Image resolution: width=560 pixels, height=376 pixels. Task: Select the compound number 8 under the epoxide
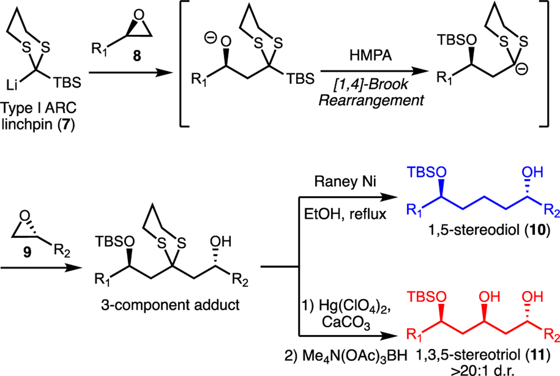(137, 56)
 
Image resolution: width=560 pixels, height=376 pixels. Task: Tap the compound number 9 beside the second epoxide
(27, 252)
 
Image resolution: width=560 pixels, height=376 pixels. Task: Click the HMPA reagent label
(370, 56)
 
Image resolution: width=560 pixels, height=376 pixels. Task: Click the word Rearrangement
(371, 100)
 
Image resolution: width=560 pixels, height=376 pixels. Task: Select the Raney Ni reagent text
(345, 182)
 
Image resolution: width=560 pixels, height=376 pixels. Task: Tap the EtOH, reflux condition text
(345, 214)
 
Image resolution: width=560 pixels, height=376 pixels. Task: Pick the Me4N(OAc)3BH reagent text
(345, 355)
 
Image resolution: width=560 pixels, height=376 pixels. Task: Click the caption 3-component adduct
(170, 305)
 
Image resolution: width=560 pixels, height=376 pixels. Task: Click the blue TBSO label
(426, 172)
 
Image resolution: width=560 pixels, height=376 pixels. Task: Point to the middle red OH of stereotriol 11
(489, 297)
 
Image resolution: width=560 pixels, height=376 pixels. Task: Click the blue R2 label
(551, 211)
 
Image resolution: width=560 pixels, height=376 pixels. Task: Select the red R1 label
(414, 335)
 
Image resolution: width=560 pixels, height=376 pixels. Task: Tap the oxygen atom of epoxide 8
(139, 15)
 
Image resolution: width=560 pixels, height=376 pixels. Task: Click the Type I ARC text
(38, 108)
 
